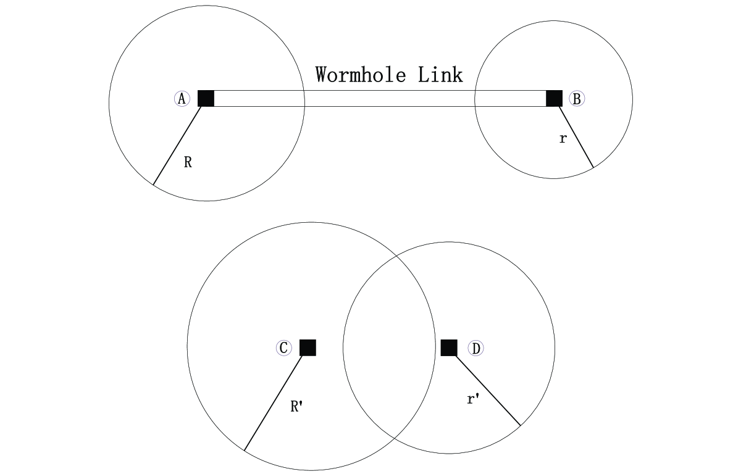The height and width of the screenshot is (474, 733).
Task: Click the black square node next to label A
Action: pyautogui.click(x=206, y=98)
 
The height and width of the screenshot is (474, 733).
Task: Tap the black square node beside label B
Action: pyautogui.click(x=554, y=98)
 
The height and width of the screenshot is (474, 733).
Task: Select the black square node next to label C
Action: pyautogui.click(x=308, y=347)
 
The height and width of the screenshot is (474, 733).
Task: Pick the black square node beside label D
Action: pyautogui.click(x=449, y=347)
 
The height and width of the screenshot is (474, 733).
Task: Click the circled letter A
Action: pyautogui.click(x=182, y=99)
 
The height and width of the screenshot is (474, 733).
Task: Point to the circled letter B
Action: pyautogui.click(x=577, y=99)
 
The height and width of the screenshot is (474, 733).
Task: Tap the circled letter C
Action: pyautogui.click(x=283, y=348)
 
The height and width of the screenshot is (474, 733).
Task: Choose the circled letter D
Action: pyautogui.click(x=475, y=349)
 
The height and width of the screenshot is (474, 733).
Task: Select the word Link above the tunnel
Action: pyautogui.click(x=440, y=75)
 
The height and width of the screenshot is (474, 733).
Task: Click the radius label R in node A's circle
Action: pyautogui.click(x=188, y=163)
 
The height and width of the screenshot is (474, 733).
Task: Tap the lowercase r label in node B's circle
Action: pyautogui.click(x=563, y=139)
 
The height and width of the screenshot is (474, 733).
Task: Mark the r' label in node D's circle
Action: pyautogui.click(x=473, y=399)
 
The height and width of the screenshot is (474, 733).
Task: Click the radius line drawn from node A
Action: pyautogui.click(x=178, y=146)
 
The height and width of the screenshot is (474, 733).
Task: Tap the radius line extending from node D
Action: pyautogui.click(x=488, y=390)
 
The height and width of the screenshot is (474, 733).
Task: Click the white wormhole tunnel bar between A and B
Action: pyautogui.click(x=380, y=99)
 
